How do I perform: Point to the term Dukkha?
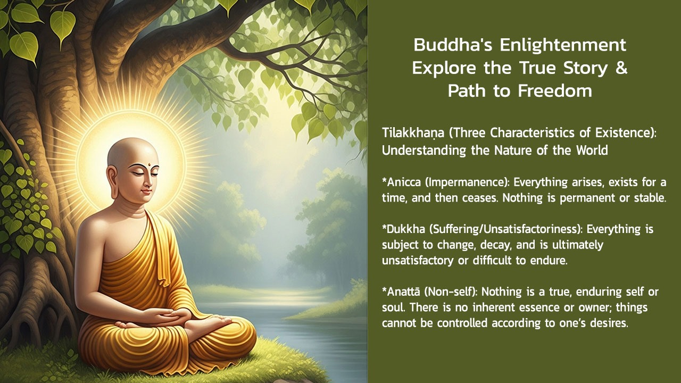tap(405, 229)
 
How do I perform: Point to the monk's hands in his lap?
tap(154, 318)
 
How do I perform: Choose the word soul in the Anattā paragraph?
tap(392, 308)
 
